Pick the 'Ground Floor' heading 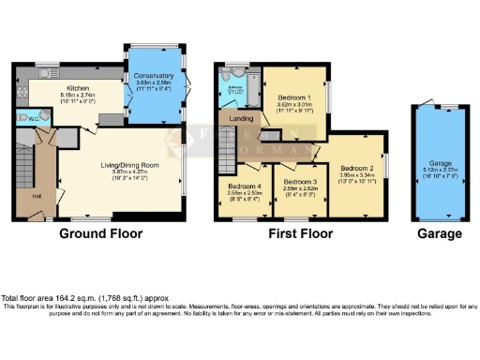(x=95, y=233)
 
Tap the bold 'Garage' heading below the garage (x=440, y=233)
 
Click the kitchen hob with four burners (x=23, y=81)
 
